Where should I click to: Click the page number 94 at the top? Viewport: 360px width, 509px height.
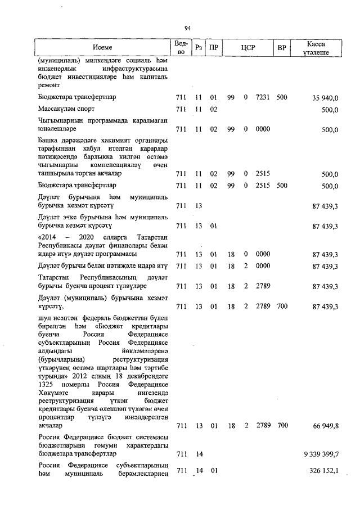[x=187, y=28]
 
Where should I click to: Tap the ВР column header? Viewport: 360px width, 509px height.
[x=282, y=48]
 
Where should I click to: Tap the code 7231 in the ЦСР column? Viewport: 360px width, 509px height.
[x=263, y=97]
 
